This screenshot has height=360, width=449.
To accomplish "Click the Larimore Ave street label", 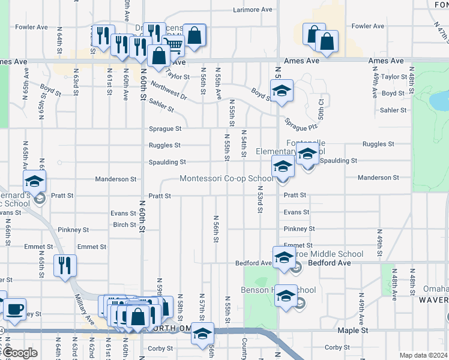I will tap(253, 10).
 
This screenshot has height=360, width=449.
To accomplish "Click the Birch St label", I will tap(124, 225).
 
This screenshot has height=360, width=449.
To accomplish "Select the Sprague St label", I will tap(165, 129).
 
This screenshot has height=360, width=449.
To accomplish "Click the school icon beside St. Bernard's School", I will tap(34, 180).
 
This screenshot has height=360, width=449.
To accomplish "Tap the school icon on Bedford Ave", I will tap(283, 257).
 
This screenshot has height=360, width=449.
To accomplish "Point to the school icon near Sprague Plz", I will tap(282, 91).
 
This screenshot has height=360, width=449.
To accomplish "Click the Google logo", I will tap(20, 353).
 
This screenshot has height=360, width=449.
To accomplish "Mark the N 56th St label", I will tap(215, 230).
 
